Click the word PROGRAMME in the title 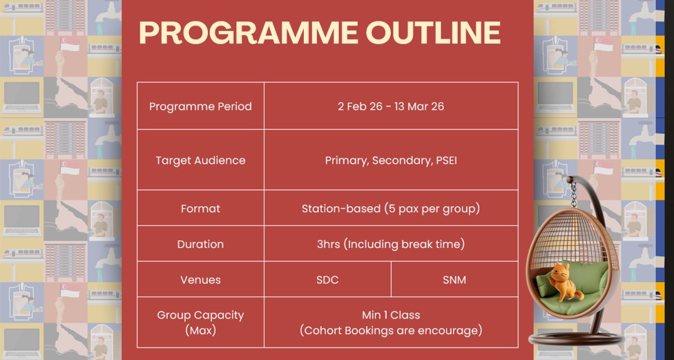pyautogui.click(x=249, y=33)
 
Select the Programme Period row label pyautogui.click(x=200, y=106)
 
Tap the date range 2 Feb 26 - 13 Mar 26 pyautogui.click(x=391, y=106)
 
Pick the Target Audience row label pyautogui.click(x=200, y=160)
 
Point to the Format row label pyautogui.click(x=200, y=209)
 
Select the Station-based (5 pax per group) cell pyautogui.click(x=391, y=209)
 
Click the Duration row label pyautogui.click(x=200, y=244)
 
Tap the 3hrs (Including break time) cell pyautogui.click(x=391, y=245)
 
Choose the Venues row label pyautogui.click(x=200, y=280)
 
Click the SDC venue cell pyautogui.click(x=327, y=280)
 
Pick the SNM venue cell pyautogui.click(x=454, y=280)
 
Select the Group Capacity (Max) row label pyautogui.click(x=200, y=323)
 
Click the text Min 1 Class pyautogui.click(x=391, y=315)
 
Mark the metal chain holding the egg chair pyautogui.click(x=573, y=194)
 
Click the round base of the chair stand pyautogui.click(x=575, y=340)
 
